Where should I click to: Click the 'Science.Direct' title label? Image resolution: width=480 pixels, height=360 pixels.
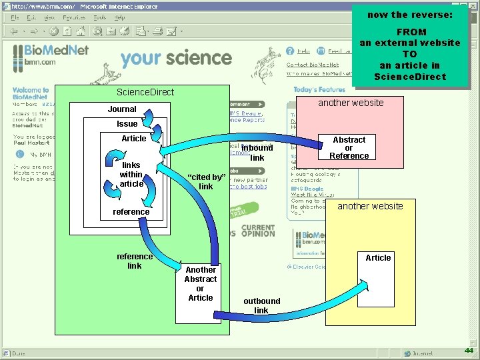[x=145, y=92]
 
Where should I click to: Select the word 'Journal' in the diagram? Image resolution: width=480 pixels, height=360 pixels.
[x=122, y=109]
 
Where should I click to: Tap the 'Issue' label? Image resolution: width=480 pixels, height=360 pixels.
[x=127, y=124]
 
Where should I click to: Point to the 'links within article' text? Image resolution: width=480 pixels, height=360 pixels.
[x=131, y=174]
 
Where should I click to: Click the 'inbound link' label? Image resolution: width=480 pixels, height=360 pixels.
[x=257, y=153]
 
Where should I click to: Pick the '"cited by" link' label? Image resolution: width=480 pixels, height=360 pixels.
[x=206, y=181]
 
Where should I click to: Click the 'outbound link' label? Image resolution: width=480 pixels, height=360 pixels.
[x=261, y=305]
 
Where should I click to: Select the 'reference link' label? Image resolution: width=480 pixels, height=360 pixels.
[x=134, y=261]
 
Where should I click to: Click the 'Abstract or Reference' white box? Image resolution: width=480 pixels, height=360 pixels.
[x=349, y=147]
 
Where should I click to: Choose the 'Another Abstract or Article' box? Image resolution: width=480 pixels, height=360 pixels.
[x=200, y=284]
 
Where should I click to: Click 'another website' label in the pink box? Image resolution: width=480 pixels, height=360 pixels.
[x=351, y=103]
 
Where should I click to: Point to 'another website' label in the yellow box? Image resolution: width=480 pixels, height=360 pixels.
[x=370, y=206]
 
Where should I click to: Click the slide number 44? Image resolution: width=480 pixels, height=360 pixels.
[x=469, y=351]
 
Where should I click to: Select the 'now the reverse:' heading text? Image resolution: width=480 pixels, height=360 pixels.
[x=410, y=15]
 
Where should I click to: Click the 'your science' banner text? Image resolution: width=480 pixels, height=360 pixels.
[x=176, y=58]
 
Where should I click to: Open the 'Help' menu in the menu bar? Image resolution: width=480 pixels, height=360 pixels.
[x=120, y=17]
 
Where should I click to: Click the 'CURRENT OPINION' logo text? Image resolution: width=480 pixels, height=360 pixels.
[x=258, y=231]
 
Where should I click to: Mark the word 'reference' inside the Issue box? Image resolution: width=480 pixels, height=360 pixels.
[x=131, y=212]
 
